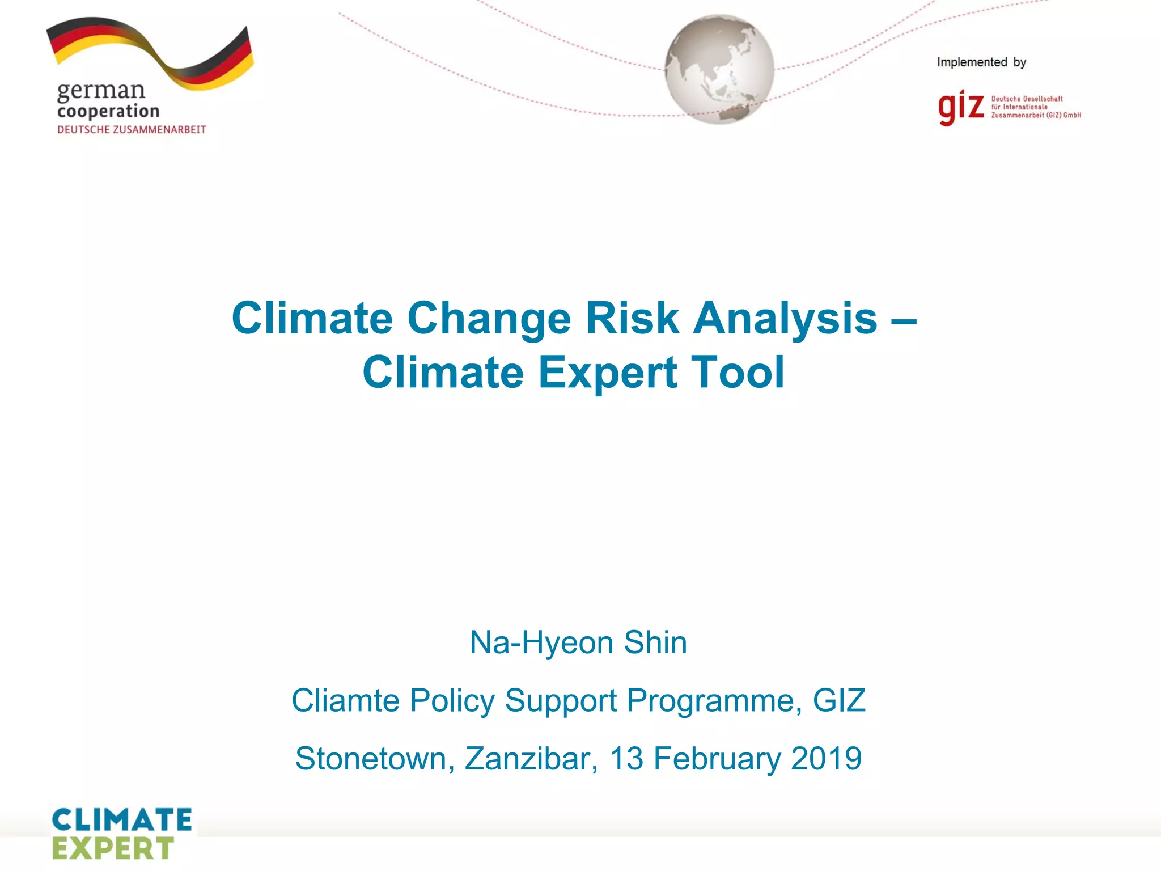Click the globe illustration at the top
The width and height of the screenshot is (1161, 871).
(719, 69)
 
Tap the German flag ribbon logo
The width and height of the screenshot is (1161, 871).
(150, 54)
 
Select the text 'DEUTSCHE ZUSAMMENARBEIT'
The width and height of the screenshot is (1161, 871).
(132, 130)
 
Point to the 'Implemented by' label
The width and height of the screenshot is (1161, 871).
(981, 62)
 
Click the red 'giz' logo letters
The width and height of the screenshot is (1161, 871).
(961, 107)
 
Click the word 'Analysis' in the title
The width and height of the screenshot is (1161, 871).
(785, 318)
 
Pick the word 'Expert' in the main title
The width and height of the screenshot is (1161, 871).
(608, 373)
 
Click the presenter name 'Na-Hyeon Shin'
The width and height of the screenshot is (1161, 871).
(578, 642)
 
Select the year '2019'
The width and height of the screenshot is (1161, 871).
(826, 759)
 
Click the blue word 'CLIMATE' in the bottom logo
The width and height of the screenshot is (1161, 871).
(122, 820)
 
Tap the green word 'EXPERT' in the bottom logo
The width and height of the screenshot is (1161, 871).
(113, 849)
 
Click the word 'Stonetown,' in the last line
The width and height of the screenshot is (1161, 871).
(375, 759)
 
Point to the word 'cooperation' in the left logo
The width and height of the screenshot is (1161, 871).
(108, 112)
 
